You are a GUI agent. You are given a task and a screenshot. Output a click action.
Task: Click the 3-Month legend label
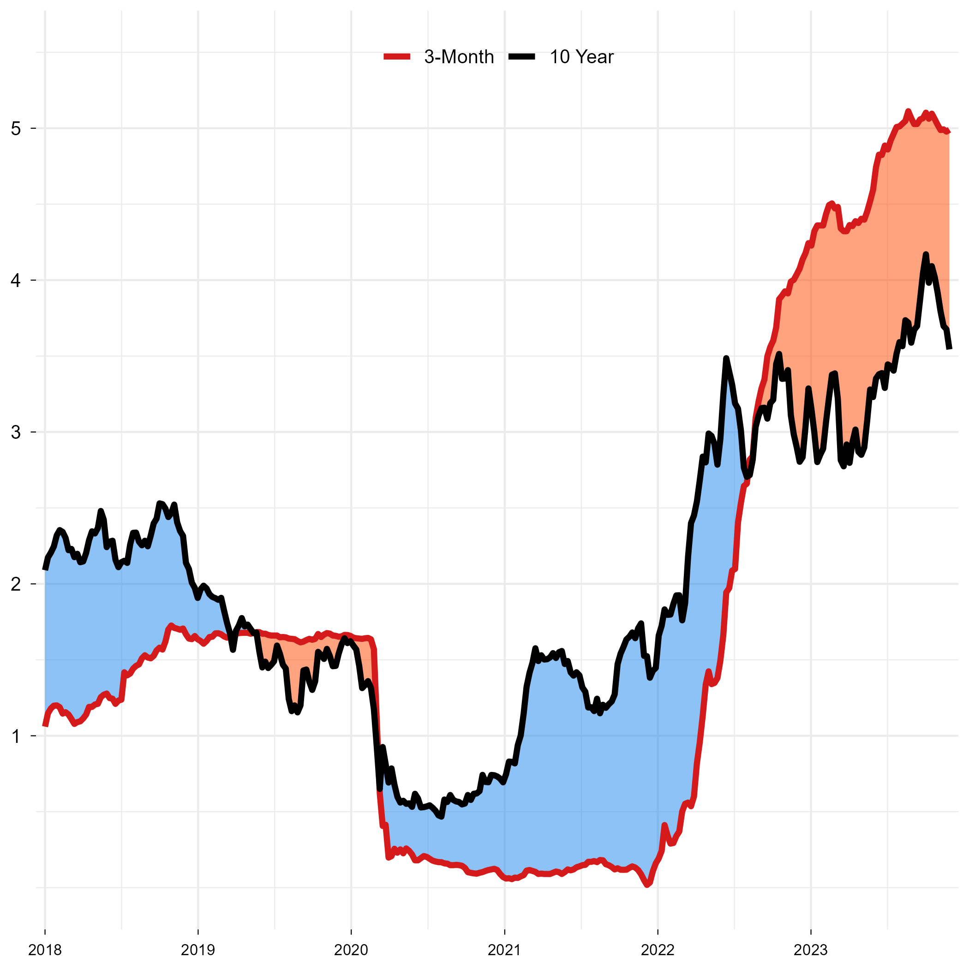pyautogui.click(x=458, y=57)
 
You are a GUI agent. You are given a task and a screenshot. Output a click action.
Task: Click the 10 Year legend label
pyautogui.click(x=581, y=57)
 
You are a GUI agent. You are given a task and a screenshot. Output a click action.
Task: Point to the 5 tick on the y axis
pyautogui.click(x=16, y=129)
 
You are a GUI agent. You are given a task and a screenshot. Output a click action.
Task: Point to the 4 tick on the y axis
pyautogui.click(x=16, y=281)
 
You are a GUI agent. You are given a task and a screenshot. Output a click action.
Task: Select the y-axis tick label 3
pyautogui.click(x=16, y=432)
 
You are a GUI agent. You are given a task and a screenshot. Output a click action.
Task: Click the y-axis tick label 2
pyautogui.click(x=16, y=584)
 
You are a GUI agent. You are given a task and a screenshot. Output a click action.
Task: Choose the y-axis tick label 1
pyautogui.click(x=16, y=736)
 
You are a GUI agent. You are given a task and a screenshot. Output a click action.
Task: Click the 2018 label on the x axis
pyautogui.click(x=45, y=950)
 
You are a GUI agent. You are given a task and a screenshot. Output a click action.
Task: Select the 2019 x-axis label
pyautogui.click(x=197, y=950)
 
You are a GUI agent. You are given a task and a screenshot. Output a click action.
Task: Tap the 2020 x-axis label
pyautogui.click(x=351, y=950)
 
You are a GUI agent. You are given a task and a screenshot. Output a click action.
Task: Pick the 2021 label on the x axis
pyautogui.click(x=504, y=950)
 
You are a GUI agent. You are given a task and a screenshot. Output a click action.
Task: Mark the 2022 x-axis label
pyautogui.click(x=658, y=950)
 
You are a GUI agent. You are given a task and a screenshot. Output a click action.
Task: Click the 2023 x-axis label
pyautogui.click(x=811, y=950)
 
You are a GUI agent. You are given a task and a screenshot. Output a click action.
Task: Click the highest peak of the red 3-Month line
pyautogui.click(x=908, y=111)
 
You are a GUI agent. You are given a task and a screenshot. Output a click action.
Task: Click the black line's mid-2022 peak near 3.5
pyautogui.click(x=726, y=358)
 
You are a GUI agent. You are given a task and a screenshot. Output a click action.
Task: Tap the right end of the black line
pyautogui.click(x=949, y=348)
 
